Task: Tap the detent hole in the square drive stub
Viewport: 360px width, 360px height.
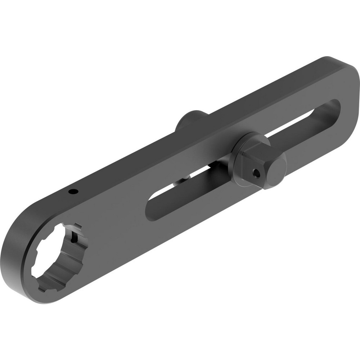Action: (256, 174)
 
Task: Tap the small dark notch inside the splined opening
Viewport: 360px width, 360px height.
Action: (74, 238)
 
